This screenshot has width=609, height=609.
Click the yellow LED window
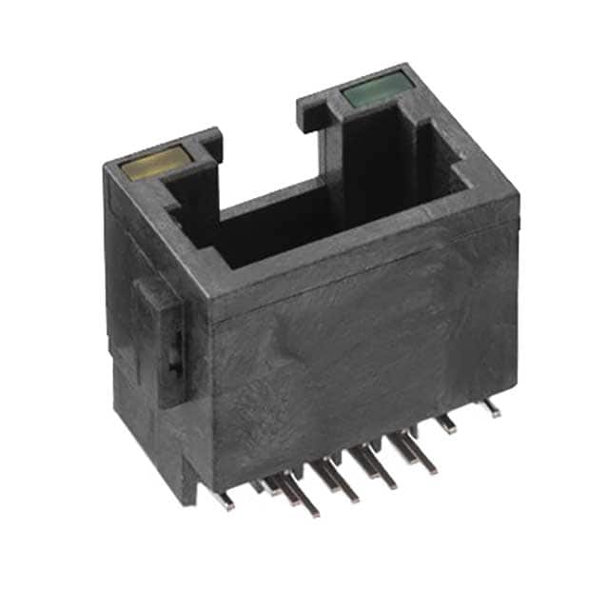coord(152,164)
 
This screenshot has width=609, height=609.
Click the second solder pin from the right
coord(446,423)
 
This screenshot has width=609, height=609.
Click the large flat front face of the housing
coord(362,352)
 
